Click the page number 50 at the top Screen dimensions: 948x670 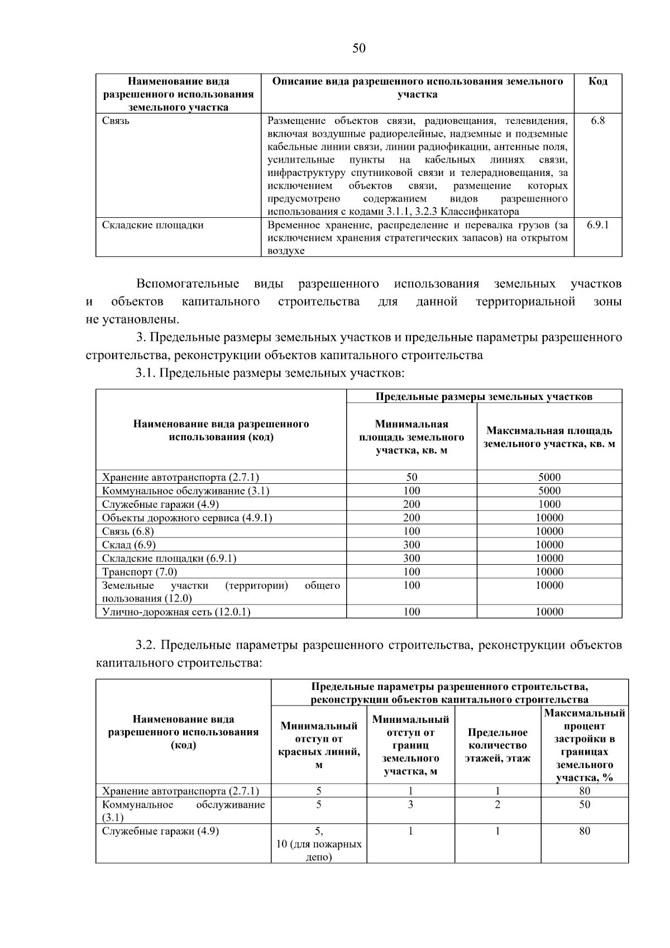pos(359,48)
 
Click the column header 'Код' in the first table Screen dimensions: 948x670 pos(597,82)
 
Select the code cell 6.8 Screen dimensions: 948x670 pos(597,121)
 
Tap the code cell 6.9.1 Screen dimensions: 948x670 pos(597,225)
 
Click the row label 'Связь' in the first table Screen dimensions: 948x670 pos(116,121)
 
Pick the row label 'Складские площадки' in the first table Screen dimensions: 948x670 pos(152,225)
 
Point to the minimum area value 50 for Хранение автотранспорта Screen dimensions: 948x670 pos(411,477)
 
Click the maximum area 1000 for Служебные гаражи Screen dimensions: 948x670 pos(549,504)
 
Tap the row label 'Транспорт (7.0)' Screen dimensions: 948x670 pos(140,571)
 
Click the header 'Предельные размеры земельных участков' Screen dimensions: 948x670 pos(484,397)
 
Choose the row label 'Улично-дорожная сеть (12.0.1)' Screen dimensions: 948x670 pos(176,612)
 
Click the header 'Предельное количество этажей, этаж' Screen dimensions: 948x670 pos(497,745)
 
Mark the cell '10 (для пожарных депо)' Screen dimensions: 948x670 pos(319,850)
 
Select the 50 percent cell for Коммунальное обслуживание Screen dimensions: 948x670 pos(584,804)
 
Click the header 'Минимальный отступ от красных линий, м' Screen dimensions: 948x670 pos(319,745)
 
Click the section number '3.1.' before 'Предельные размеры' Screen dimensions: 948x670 pos(146,373)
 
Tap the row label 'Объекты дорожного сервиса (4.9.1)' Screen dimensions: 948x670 pos(187,518)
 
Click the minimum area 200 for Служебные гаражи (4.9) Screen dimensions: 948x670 pos(411,504)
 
